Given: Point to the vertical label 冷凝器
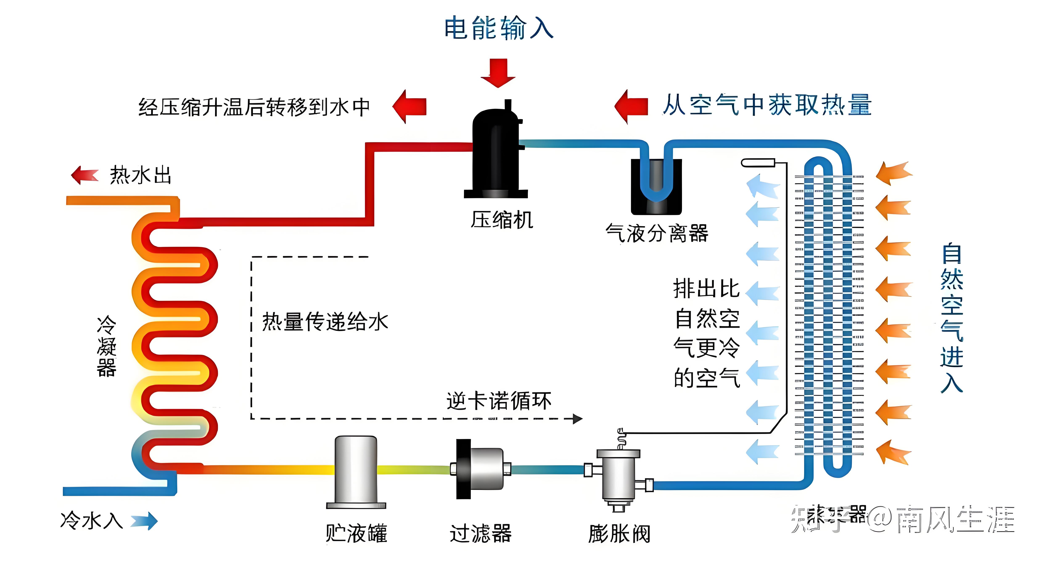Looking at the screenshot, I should [x=106, y=346].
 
